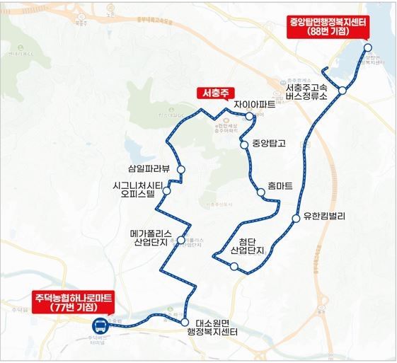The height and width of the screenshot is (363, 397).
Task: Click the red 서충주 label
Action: tap(214, 93)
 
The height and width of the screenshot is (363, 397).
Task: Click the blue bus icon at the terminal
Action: tap(100, 326)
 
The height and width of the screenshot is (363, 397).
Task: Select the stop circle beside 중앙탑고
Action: tap(244, 144)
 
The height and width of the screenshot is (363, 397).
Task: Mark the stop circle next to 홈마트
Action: tap(258, 188)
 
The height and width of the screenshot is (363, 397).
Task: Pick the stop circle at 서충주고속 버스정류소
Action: tap(342, 91)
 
